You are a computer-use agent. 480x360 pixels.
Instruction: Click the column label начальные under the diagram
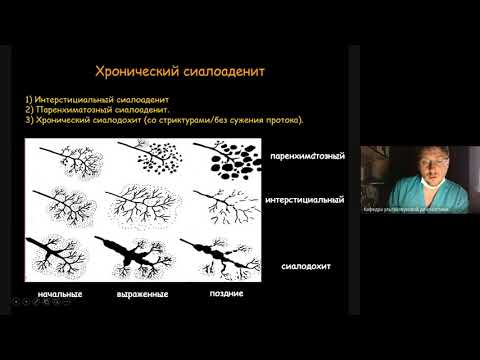pyautogui.click(x=59, y=294)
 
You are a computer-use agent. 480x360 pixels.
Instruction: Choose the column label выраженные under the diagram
pyautogui.click(x=141, y=294)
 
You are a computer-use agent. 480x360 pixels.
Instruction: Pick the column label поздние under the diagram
pyautogui.click(x=228, y=294)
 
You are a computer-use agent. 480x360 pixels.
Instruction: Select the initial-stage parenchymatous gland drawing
pyautogui.click(x=64, y=162)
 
